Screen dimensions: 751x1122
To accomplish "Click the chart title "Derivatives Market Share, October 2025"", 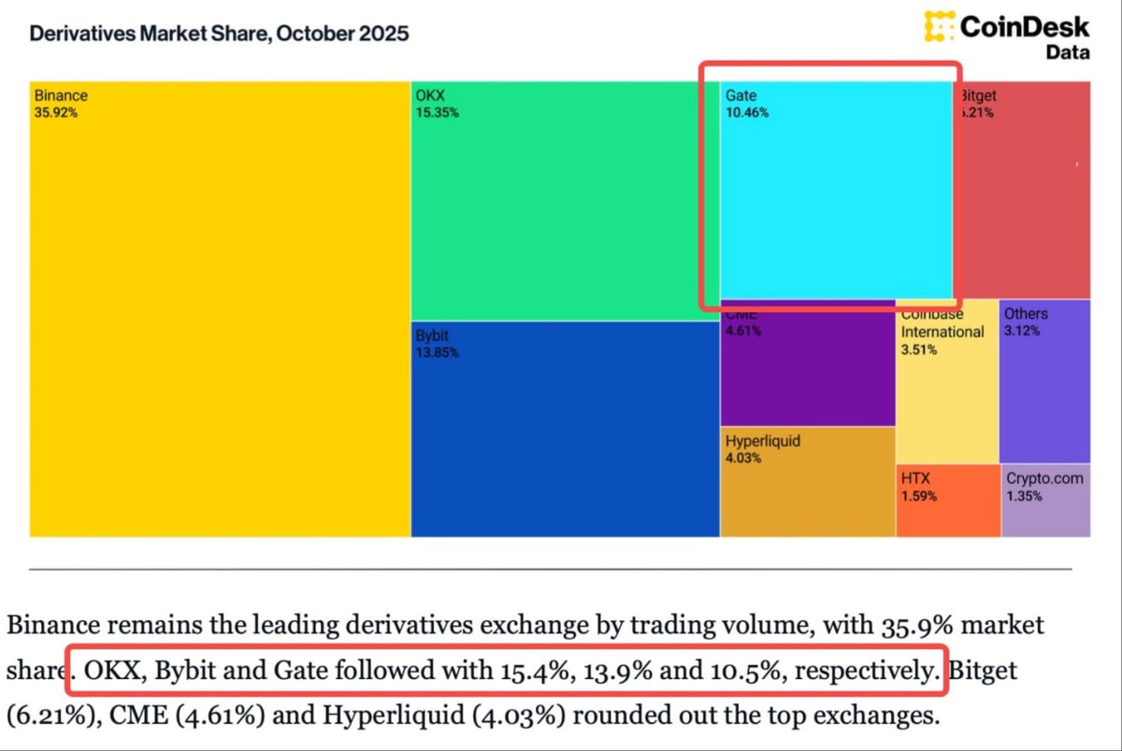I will coord(219,35).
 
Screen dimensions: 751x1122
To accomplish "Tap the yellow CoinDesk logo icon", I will coord(940,26).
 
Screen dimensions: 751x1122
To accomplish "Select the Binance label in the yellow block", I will coord(61,95).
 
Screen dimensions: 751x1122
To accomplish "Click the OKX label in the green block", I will coord(429,95).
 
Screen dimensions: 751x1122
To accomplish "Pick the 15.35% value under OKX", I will coord(438,113).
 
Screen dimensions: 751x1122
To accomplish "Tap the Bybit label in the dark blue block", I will coord(433,334).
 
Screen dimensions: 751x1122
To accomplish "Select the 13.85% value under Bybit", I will coord(438,353).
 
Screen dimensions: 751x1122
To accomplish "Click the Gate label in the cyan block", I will coord(741,95).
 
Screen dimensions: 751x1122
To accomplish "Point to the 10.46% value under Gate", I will coord(747,114).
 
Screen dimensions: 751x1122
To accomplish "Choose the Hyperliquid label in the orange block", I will coord(763,440).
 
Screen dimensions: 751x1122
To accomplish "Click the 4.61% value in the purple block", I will coord(743,331).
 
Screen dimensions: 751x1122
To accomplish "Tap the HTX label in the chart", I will coord(915,478).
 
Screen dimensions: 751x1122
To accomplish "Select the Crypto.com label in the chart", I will coord(1044,478).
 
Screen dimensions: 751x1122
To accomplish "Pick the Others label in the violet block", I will coord(1026,314).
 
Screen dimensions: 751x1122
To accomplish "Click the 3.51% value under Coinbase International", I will coord(919,350).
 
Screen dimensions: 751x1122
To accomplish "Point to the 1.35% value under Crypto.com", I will coord(1024,496).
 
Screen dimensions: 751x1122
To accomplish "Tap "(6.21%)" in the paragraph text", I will coord(50,717).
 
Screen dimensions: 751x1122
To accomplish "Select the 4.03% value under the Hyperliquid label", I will coord(743,459).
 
